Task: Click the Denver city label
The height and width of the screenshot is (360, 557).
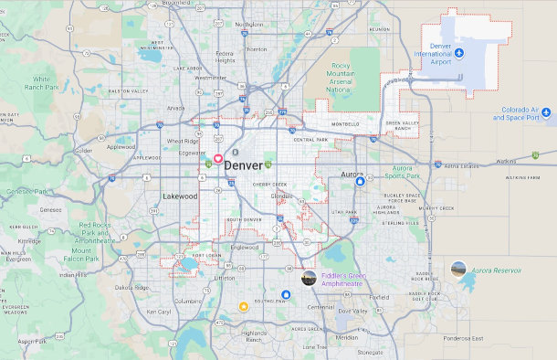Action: point(243,165)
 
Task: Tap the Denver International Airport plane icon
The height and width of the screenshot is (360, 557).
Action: point(459,52)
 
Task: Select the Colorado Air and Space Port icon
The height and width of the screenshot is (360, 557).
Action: point(546,113)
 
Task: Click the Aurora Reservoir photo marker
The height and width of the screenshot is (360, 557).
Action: point(458,269)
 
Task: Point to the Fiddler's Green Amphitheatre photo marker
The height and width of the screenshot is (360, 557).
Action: point(310,278)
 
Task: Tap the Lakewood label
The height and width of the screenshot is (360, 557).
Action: point(180,196)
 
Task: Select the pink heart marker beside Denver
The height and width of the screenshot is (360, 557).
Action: point(218,158)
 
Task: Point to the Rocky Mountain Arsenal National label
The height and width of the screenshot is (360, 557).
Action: point(341,78)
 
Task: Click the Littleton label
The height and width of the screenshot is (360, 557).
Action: point(225,278)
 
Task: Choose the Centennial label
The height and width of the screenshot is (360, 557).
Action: point(321,307)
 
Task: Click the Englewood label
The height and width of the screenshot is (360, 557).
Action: point(245,247)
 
